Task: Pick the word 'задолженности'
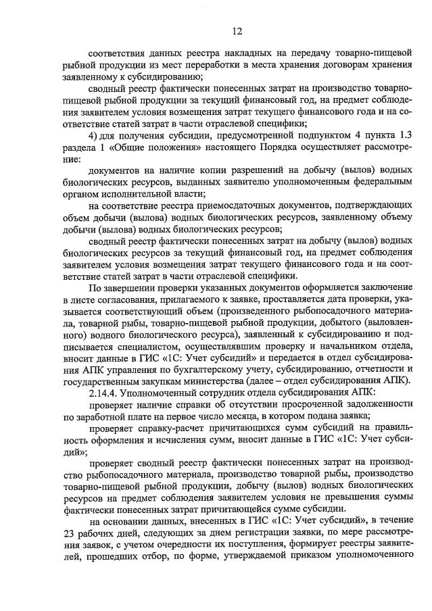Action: [371, 406]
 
